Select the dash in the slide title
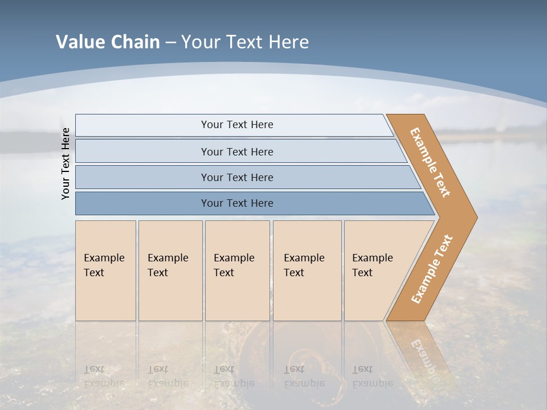click(x=170, y=43)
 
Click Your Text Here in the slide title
click(x=245, y=42)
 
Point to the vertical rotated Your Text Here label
click(x=66, y=163)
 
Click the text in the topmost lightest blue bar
click(x=237, y=125)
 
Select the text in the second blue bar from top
click(x=237, y=151)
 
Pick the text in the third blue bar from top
click(x=237, y=177)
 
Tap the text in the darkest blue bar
click(x=237, y=203)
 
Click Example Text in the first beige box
click(x=104, y=265)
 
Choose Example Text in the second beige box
click(x=168, y=265)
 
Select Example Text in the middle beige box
click(x=234, y=265)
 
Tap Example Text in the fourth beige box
click(x=304, y=265)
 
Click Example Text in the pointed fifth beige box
click(x=372, y=265)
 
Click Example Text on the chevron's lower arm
click(x=432, y=269)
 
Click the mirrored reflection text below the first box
click(x=104, y=376)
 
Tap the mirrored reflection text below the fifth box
click(x=372, y=376)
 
